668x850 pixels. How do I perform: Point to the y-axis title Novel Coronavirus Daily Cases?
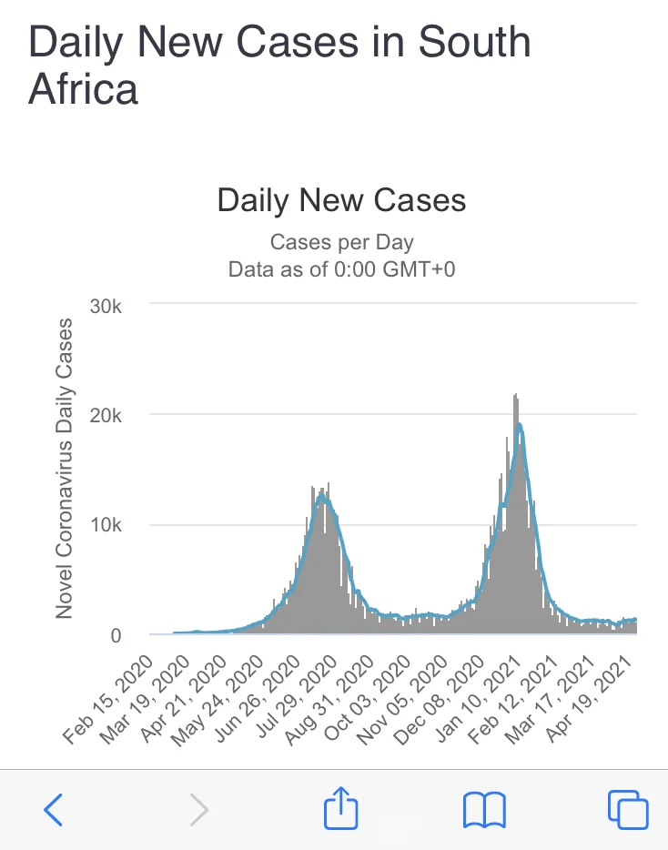point(64,469)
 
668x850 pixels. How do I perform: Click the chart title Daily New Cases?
point(341,200)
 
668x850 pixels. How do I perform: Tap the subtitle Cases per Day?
point(341,243)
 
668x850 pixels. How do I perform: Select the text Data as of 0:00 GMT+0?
point(341,269)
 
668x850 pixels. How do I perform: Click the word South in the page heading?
point(473,42)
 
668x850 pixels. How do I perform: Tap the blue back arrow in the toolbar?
point(55,809)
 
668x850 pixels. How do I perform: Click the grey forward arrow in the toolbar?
point(198,809)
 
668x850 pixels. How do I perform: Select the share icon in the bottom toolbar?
point(342,807)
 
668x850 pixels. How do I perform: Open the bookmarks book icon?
point(484,809)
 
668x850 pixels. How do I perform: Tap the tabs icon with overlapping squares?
point(627,809)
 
